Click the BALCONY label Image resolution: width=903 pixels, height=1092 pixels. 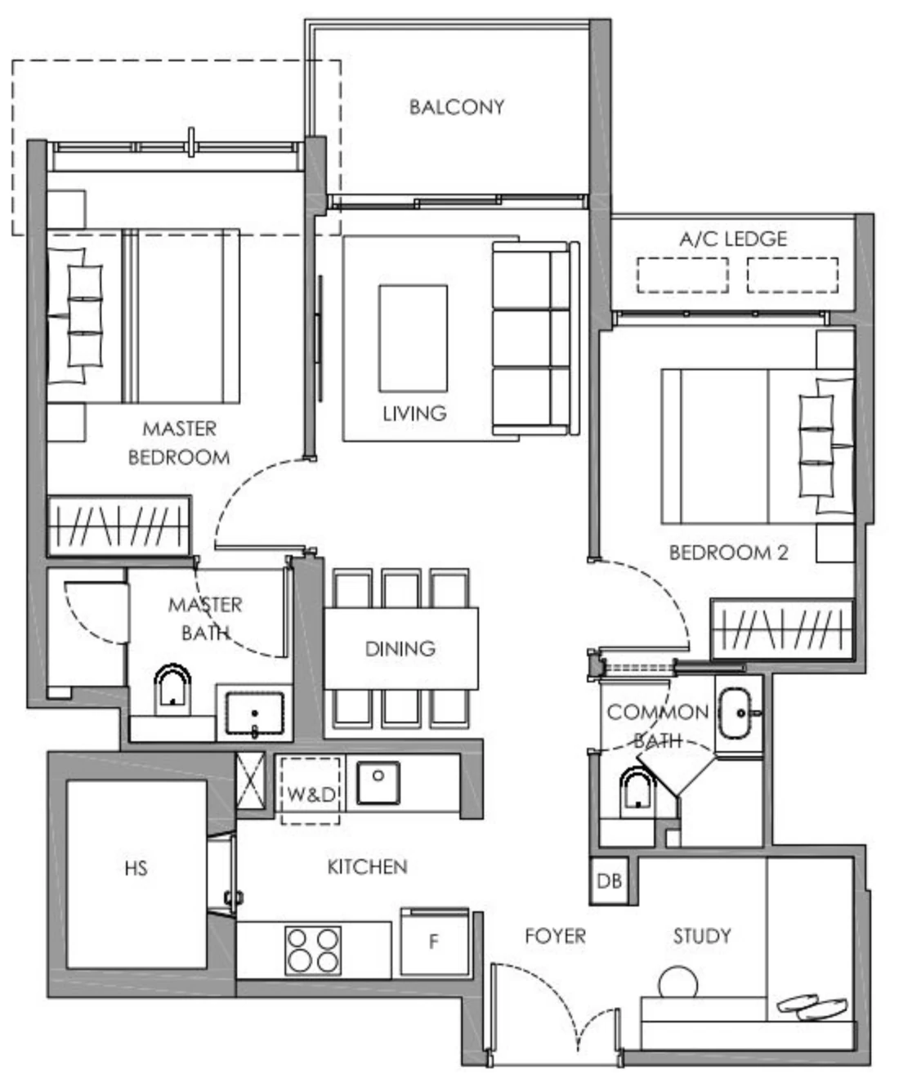coord(456,107)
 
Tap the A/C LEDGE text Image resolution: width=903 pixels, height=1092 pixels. coord(733,239)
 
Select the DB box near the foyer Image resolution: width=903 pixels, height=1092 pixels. coord(609,880)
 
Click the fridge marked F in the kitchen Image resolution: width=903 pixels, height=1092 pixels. coord(434,942)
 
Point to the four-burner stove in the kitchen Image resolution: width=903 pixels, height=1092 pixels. coord(313,950)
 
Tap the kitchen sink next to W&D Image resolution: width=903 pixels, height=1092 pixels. coord(378,783)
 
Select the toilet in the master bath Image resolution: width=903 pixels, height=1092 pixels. coord(172,687)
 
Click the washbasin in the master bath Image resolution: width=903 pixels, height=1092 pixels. coord(255,714)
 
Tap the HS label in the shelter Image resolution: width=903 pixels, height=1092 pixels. coord(136,868)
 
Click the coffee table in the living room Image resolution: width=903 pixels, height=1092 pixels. coord(413,338)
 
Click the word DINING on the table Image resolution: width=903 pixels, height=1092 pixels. coord(400,648)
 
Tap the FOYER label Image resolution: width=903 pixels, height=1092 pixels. coord(555,936)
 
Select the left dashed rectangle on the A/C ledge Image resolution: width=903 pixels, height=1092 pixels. coord(682,275)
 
